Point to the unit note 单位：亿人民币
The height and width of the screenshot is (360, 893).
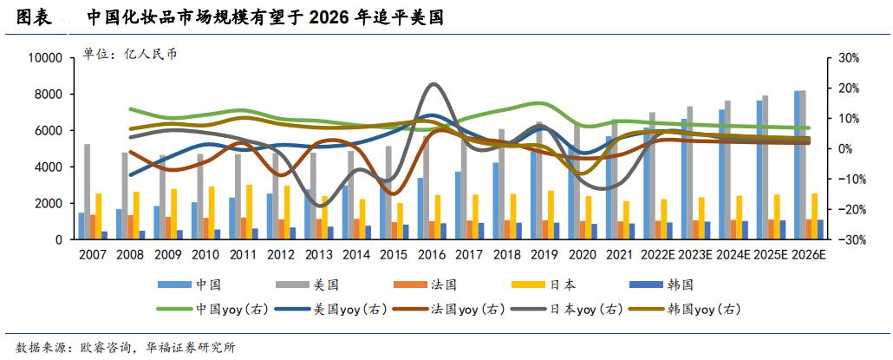click(129, 54)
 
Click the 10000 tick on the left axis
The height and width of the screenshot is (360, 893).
click(44, 58)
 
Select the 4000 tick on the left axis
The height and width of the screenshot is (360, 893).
click(48, 167)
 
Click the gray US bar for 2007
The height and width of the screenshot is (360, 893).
click(88, 191)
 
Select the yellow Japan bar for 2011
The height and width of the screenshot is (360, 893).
click(249, 212)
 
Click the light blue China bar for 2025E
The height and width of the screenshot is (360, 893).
click(759, 169)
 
